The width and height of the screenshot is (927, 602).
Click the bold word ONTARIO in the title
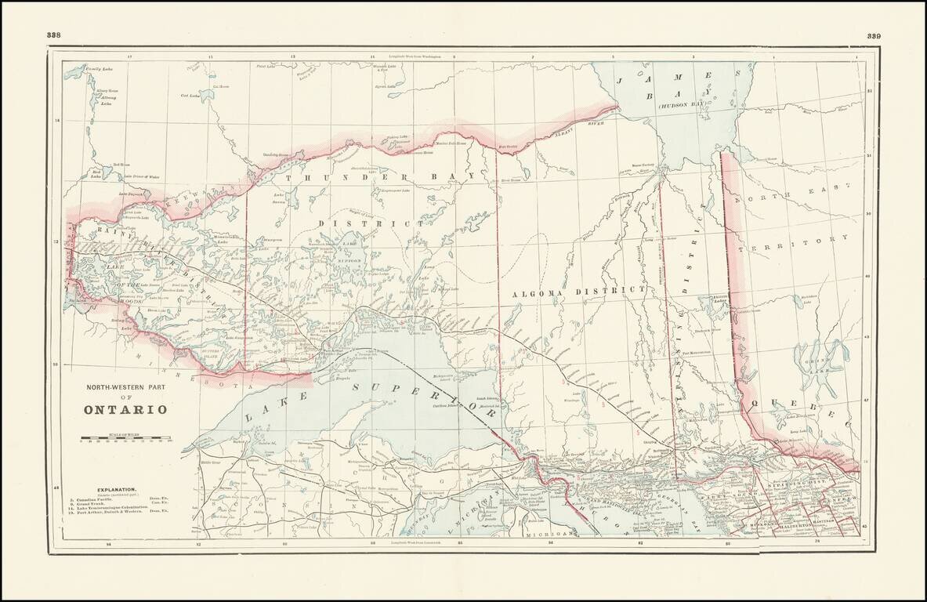click(125, 409)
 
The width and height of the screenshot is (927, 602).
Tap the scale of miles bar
click(125, 436)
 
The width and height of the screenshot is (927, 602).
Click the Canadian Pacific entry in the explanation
click(97, 498)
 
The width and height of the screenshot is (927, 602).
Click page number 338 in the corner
click(54, 35)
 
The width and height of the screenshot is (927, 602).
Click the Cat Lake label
click(190, 96)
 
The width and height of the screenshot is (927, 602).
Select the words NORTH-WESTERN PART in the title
click(125, 387)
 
